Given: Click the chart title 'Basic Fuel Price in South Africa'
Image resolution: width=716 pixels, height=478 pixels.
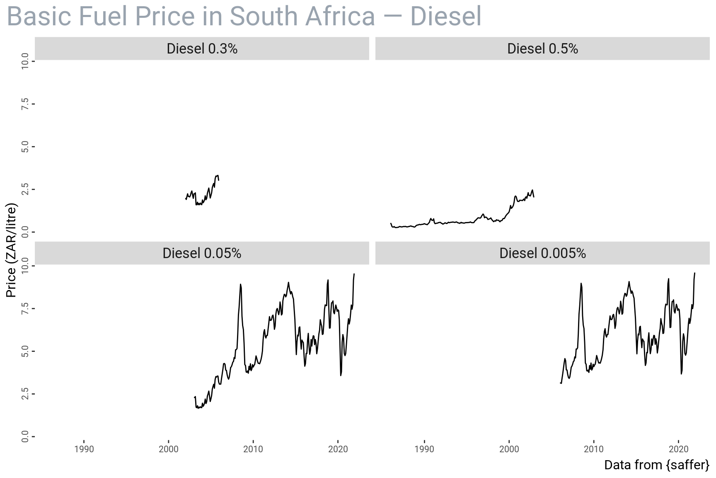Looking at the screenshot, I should click(244, 17).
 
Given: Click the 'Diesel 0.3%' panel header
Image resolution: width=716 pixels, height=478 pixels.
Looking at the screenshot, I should click(202, 49).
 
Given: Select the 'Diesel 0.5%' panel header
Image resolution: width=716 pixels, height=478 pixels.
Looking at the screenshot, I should click(542, 49).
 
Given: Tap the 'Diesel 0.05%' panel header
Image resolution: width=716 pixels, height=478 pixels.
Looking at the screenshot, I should click(202, 253).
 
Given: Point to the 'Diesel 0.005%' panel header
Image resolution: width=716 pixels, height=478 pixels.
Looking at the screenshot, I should click(542, 253).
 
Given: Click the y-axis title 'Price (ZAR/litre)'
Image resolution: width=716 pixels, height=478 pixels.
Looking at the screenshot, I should click(11, 250).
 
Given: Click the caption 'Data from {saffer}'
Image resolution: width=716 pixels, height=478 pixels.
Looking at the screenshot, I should click(657, 465).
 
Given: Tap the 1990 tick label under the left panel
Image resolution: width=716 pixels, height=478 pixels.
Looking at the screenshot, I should click(84, 449).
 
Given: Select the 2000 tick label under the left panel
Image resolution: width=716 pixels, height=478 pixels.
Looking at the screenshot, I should click(169, 449).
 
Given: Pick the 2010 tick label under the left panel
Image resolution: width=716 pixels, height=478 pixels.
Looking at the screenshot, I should click(253, 449).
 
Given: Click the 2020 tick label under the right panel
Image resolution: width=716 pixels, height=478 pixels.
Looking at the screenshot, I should click(678, 449).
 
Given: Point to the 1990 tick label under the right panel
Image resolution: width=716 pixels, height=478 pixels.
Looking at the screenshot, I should click(425, 449).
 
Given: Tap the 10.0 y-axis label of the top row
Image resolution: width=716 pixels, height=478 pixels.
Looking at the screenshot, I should click(25, 61).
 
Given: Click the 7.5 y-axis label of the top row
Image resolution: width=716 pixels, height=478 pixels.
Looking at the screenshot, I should click(25, 104).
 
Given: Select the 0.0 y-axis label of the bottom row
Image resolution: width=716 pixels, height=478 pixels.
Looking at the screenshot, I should click(25, 437).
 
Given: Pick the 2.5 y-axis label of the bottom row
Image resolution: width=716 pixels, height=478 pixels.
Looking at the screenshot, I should click(25, 394).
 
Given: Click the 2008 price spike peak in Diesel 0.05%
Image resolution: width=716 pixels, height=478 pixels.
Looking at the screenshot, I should click(240, 285).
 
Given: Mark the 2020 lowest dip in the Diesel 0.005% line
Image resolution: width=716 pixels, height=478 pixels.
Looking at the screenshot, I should click(681, 374).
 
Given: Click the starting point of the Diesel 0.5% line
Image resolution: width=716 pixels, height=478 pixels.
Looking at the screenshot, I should click(391, 223).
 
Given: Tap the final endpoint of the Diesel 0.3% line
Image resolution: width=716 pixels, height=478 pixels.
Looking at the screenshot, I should click(219, 180).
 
